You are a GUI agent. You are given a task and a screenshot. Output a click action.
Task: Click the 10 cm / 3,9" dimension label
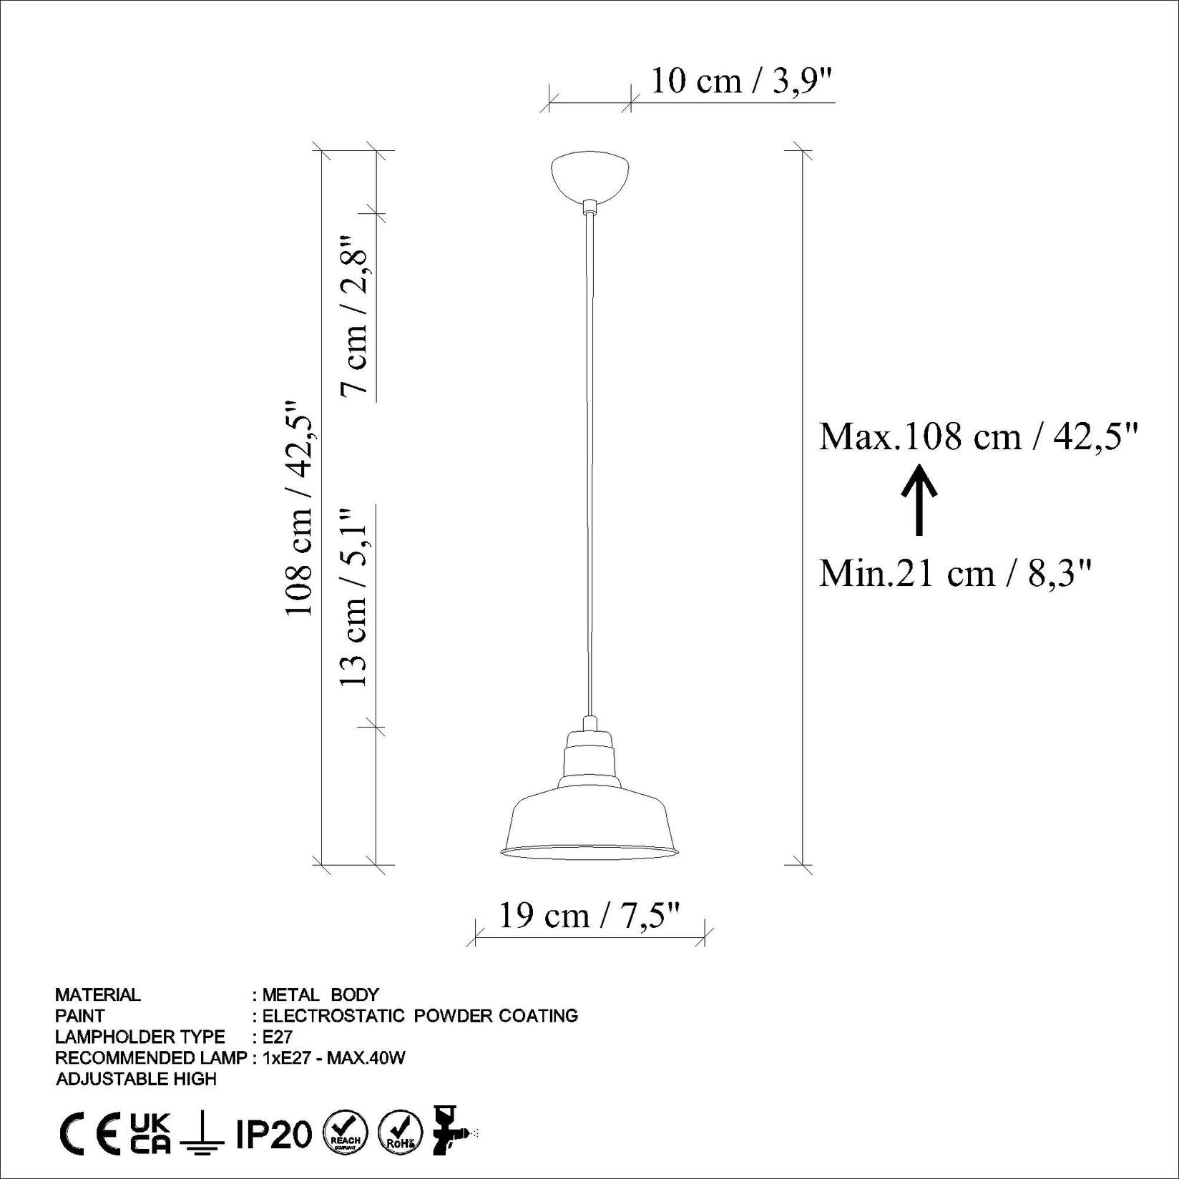tap(742, 82)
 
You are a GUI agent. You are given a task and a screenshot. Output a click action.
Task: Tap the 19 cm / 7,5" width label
tap(588, 916)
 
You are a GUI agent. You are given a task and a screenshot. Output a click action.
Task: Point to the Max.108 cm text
tap(977, 436)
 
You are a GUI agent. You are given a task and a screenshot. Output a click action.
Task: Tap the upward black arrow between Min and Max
tap(919, 499)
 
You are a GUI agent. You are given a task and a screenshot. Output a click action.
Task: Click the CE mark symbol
tap(89, 1135)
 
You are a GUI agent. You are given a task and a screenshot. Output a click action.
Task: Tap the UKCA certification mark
tap(150, 1134)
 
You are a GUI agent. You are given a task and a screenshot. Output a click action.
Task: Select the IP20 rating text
tap(274, 1135)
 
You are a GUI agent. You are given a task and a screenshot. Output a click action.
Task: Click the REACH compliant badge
tap(346, 1135)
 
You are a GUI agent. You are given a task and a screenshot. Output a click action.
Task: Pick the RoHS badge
tap(399, 1135)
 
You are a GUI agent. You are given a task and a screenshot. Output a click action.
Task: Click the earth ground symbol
tap(202, 1135)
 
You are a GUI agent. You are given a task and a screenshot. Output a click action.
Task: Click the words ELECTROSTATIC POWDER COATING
tap(420, 1015)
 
